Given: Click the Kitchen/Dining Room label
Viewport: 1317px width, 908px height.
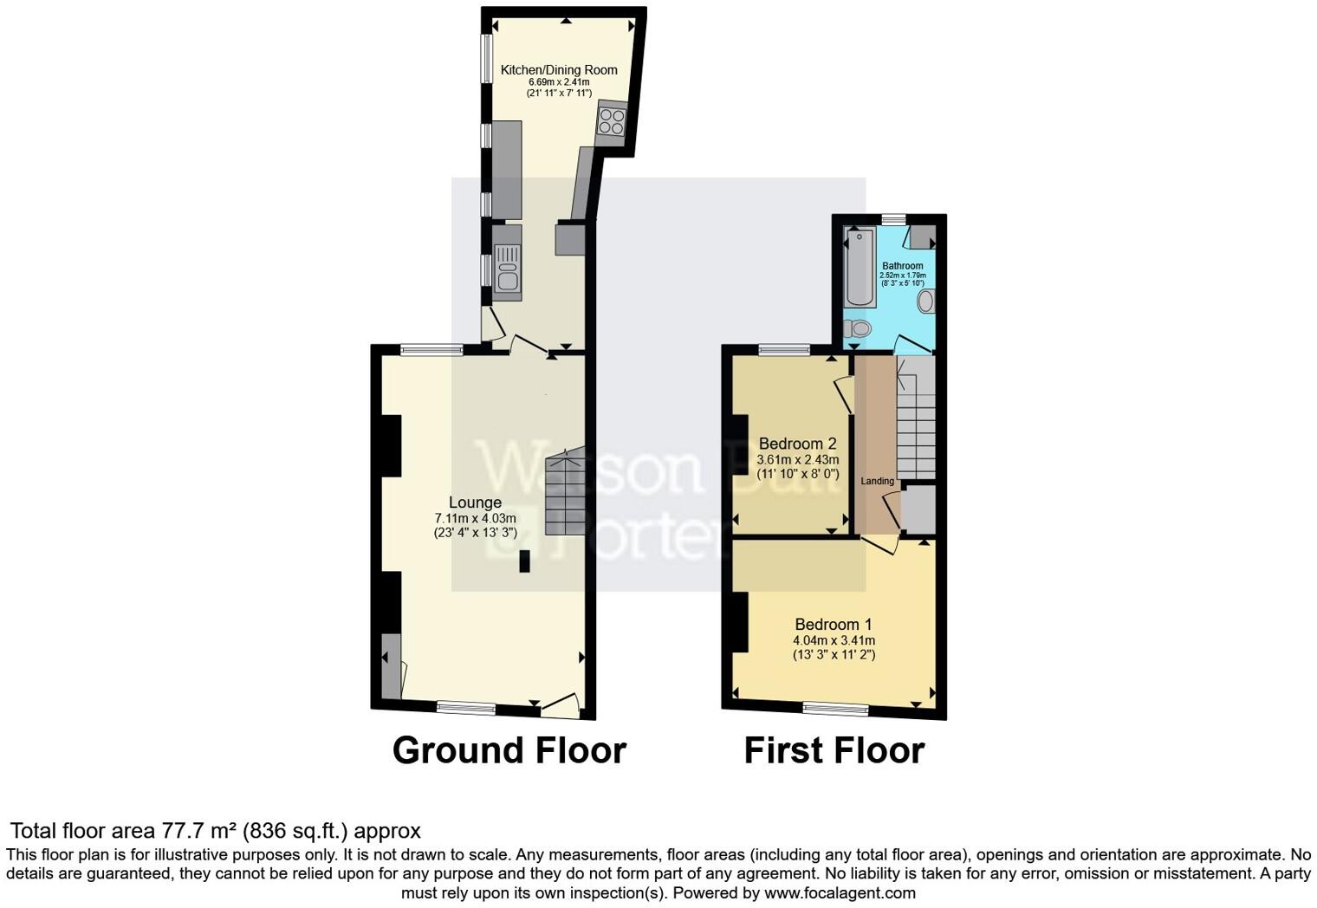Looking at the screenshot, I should point(559,70).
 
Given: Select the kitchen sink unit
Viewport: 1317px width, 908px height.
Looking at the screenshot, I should point(507,265).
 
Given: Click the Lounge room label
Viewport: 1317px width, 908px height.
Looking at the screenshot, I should point(475,503).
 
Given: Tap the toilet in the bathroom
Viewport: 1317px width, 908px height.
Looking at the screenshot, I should point(857,328).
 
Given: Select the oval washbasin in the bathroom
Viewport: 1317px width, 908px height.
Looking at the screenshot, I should point(925,302).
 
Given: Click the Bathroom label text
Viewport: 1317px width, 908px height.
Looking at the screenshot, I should point(902,266).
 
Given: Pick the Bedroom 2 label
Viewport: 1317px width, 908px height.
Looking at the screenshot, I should point(797,444).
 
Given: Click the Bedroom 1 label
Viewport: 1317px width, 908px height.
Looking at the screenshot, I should point(834,625).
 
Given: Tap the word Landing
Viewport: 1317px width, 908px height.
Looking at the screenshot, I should point(877,481).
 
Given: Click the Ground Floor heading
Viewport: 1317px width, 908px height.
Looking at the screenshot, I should point(509,750).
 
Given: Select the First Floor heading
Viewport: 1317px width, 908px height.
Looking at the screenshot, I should point(834,750).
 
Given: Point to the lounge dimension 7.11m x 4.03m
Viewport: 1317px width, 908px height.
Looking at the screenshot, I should point(475,519).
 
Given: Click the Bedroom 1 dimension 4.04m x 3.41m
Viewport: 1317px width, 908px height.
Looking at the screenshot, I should point(834,641).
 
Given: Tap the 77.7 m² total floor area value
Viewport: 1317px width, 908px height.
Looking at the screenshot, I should point(199,832).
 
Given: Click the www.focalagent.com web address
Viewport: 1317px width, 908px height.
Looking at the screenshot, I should point(840,892).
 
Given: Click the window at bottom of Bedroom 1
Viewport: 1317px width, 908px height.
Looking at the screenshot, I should point(835,709).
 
